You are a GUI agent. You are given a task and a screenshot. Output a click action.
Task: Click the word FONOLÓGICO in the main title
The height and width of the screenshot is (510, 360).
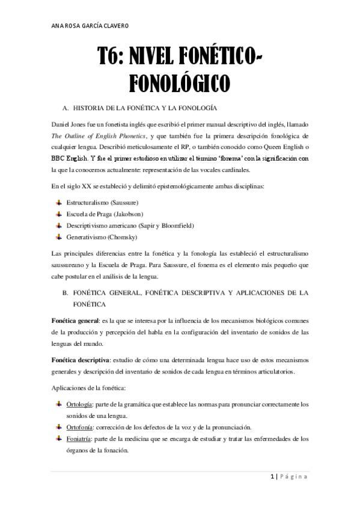[180, 82]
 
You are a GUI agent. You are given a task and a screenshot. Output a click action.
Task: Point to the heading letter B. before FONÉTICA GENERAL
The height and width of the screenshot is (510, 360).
[65, 292]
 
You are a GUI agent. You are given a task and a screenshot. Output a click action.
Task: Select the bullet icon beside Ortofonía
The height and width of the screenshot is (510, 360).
[58, 426]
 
